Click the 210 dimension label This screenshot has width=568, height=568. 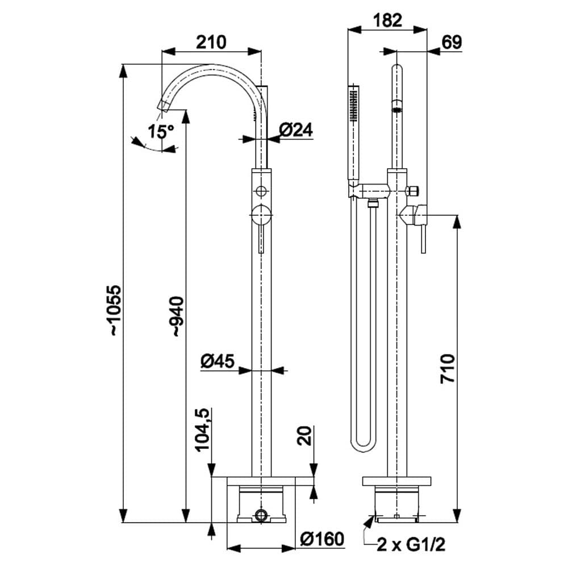[211, 42]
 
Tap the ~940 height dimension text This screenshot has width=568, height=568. [178, 316]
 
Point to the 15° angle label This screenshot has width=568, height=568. [161, 132]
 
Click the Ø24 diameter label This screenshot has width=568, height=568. [296, 130]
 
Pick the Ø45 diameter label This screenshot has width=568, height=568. [218, 361]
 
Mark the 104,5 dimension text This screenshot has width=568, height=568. [203, 430]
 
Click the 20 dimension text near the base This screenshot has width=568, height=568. [306, 436]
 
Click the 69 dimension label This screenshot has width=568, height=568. [451, 43]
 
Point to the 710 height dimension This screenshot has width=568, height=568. [448, 367]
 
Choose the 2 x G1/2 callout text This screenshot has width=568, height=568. [412, 545]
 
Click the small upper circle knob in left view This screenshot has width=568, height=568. [261, 190]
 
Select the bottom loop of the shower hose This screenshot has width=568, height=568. [361, 446]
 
